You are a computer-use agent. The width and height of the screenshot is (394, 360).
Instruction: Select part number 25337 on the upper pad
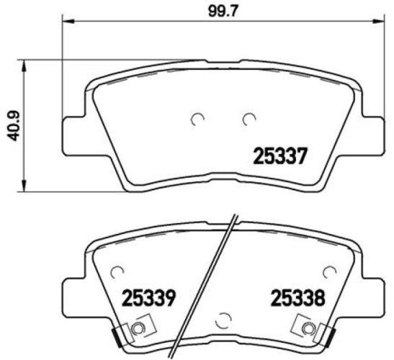(280, 155)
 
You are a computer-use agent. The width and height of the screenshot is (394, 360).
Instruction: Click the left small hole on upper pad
(197, 119)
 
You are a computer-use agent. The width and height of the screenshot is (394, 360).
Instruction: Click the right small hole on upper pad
(249, 119)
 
